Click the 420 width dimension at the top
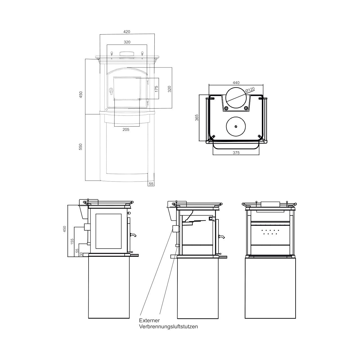click(x=127, y=32)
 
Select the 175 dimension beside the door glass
click(x=157, y=89)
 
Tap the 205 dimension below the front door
click(x=126, y=129)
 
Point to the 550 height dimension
click(x=80, y=147)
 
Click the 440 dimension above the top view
click(x=236, y=83)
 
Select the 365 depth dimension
click(x=197, y=118)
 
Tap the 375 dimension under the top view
click(x=236, y=153)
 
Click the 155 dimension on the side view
click(x=72, y=241)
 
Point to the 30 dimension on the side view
click(x=81, y=254)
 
